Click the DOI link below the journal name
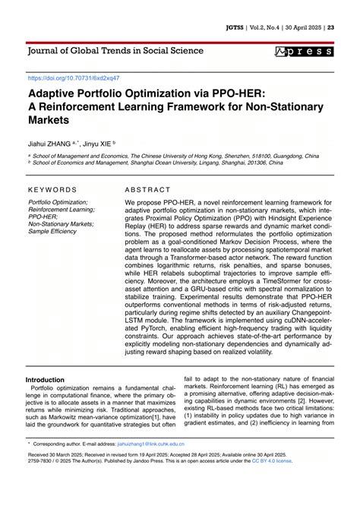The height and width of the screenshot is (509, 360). pyautogui.click(x=74, y=78)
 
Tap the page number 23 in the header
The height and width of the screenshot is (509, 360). pyautogui.click(x=330, y=27)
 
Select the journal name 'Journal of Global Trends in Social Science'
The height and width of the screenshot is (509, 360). pyautogui.click(x=115, y=51)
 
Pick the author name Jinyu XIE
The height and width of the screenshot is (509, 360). pyautogui.click(x=97, y=142)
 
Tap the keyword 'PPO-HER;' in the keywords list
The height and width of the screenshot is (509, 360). pyautogui.click(x=44, y=217)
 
